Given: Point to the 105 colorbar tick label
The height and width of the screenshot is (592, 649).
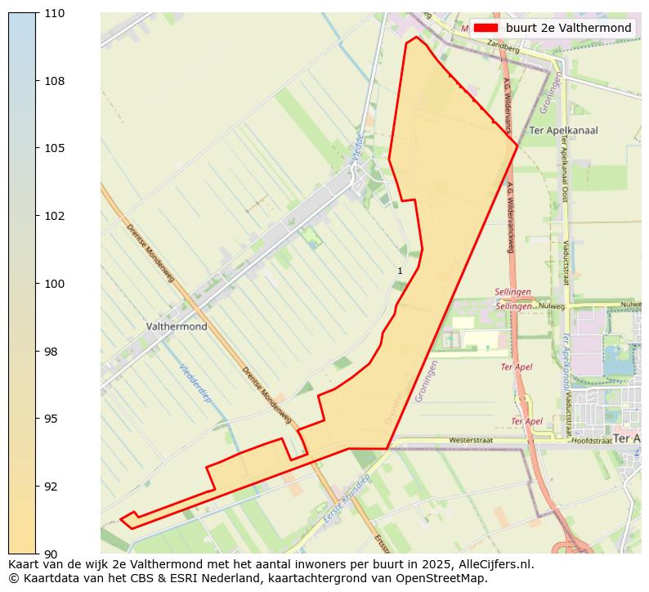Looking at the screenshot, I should (56, 148).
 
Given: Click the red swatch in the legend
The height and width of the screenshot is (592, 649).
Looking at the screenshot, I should (486, 28).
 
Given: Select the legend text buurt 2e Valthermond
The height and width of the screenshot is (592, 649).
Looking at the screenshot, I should (568, 28).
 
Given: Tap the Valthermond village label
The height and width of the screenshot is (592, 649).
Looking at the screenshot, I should (177, 326).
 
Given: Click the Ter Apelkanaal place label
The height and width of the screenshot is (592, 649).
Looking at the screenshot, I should (563, 130).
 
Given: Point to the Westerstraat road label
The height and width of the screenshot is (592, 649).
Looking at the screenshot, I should (471, 440).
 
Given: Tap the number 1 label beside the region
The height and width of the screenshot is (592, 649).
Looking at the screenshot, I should (400, 271).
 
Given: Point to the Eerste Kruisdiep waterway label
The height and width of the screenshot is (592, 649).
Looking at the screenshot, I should (347, 499).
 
